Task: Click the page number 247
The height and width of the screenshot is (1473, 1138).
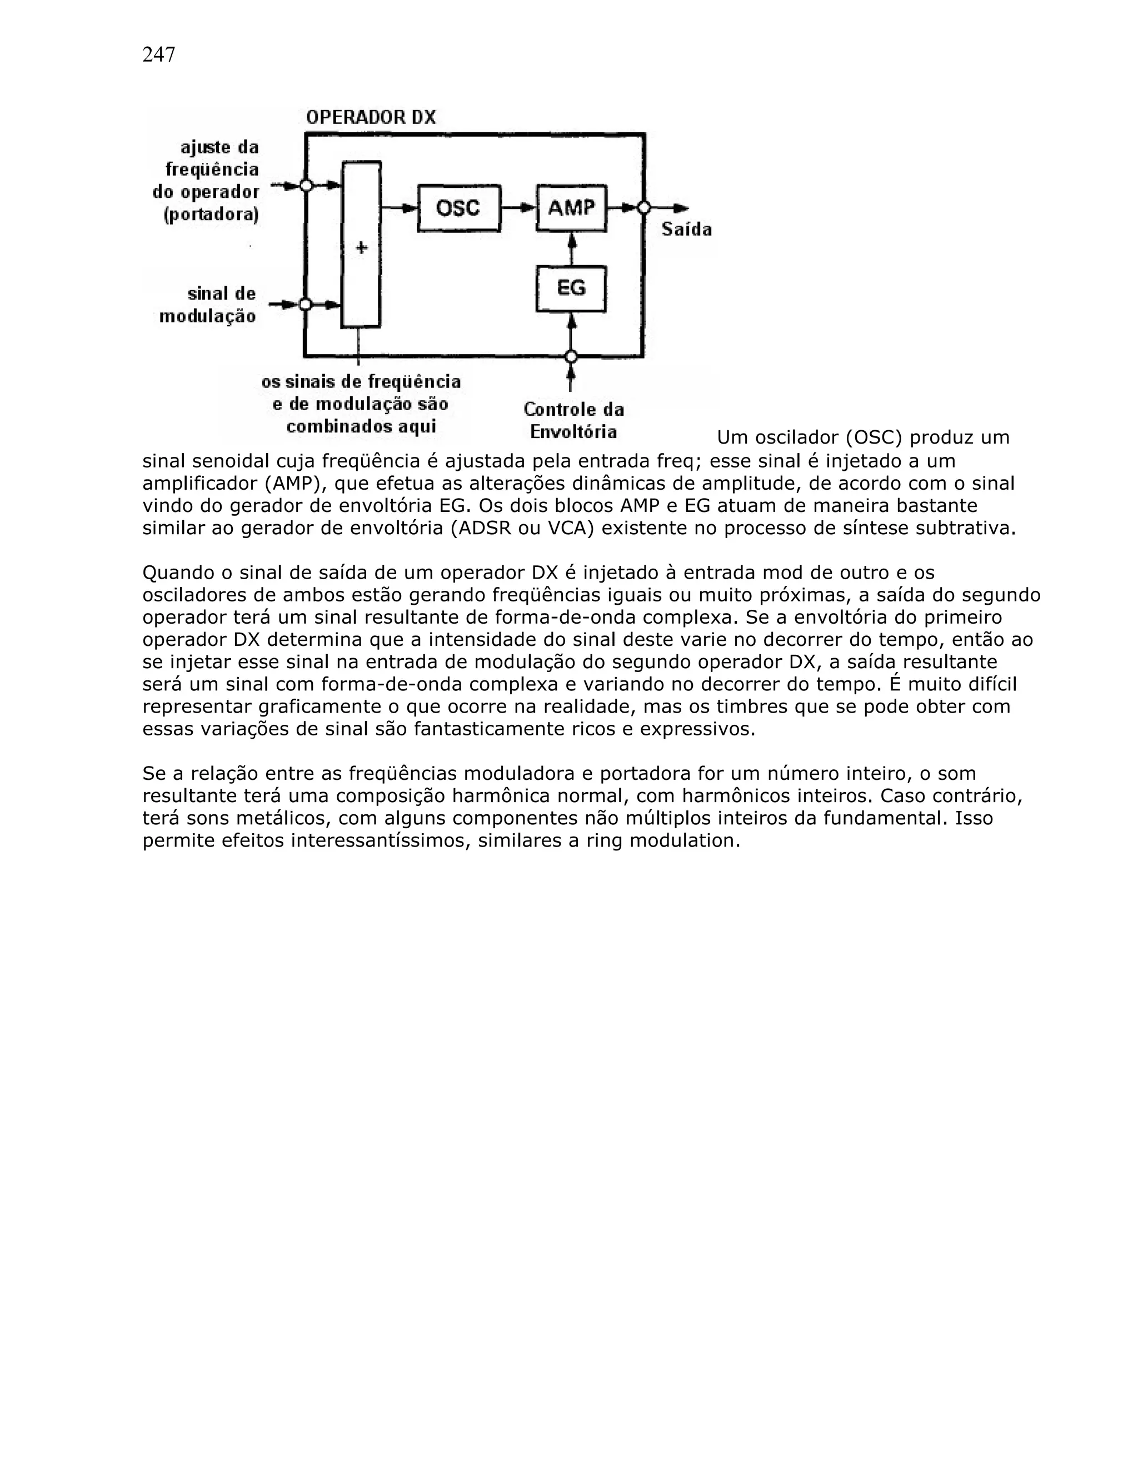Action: [x=158, y=54]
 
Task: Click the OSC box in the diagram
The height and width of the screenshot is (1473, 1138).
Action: [x=458, y=208]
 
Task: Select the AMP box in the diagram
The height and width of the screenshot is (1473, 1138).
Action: [x=571, y=208]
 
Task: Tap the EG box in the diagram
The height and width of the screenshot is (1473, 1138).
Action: [x=571, y=288]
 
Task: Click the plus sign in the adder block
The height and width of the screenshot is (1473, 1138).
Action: [x=361, y=247]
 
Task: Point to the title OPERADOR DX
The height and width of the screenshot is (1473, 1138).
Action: [x=371, y=117]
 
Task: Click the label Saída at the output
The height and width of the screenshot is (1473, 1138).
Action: [x=686, y=230]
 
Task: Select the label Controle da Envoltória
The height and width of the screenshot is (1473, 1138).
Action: [x=573, y=420]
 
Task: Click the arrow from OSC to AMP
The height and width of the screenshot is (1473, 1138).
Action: [x=518, y=208]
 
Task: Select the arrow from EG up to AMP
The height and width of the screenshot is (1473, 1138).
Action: [x=572, y=249]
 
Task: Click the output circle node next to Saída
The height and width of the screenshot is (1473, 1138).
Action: [x=644, y=208]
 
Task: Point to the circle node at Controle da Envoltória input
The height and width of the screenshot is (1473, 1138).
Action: [x=571, y=356]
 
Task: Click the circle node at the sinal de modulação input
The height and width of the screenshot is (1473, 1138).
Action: [x=306, y=304]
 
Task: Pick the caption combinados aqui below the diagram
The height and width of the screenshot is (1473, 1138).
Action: [x=361, y=426]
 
